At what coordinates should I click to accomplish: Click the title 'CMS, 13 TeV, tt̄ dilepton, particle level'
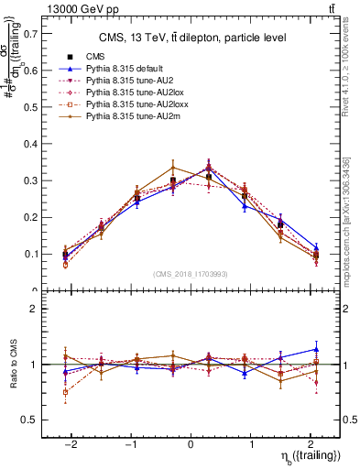pyautogui.click(x=192, y=38)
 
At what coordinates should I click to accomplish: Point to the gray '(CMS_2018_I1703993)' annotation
pyautogui.click(x=191, y=274)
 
